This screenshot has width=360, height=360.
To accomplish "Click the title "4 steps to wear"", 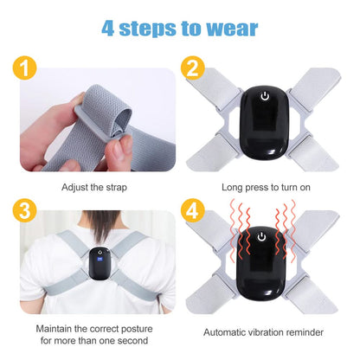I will pos(179,27).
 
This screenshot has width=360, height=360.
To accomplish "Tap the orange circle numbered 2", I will pos(193,68).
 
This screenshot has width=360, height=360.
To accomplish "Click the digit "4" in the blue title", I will pos(109,27).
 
